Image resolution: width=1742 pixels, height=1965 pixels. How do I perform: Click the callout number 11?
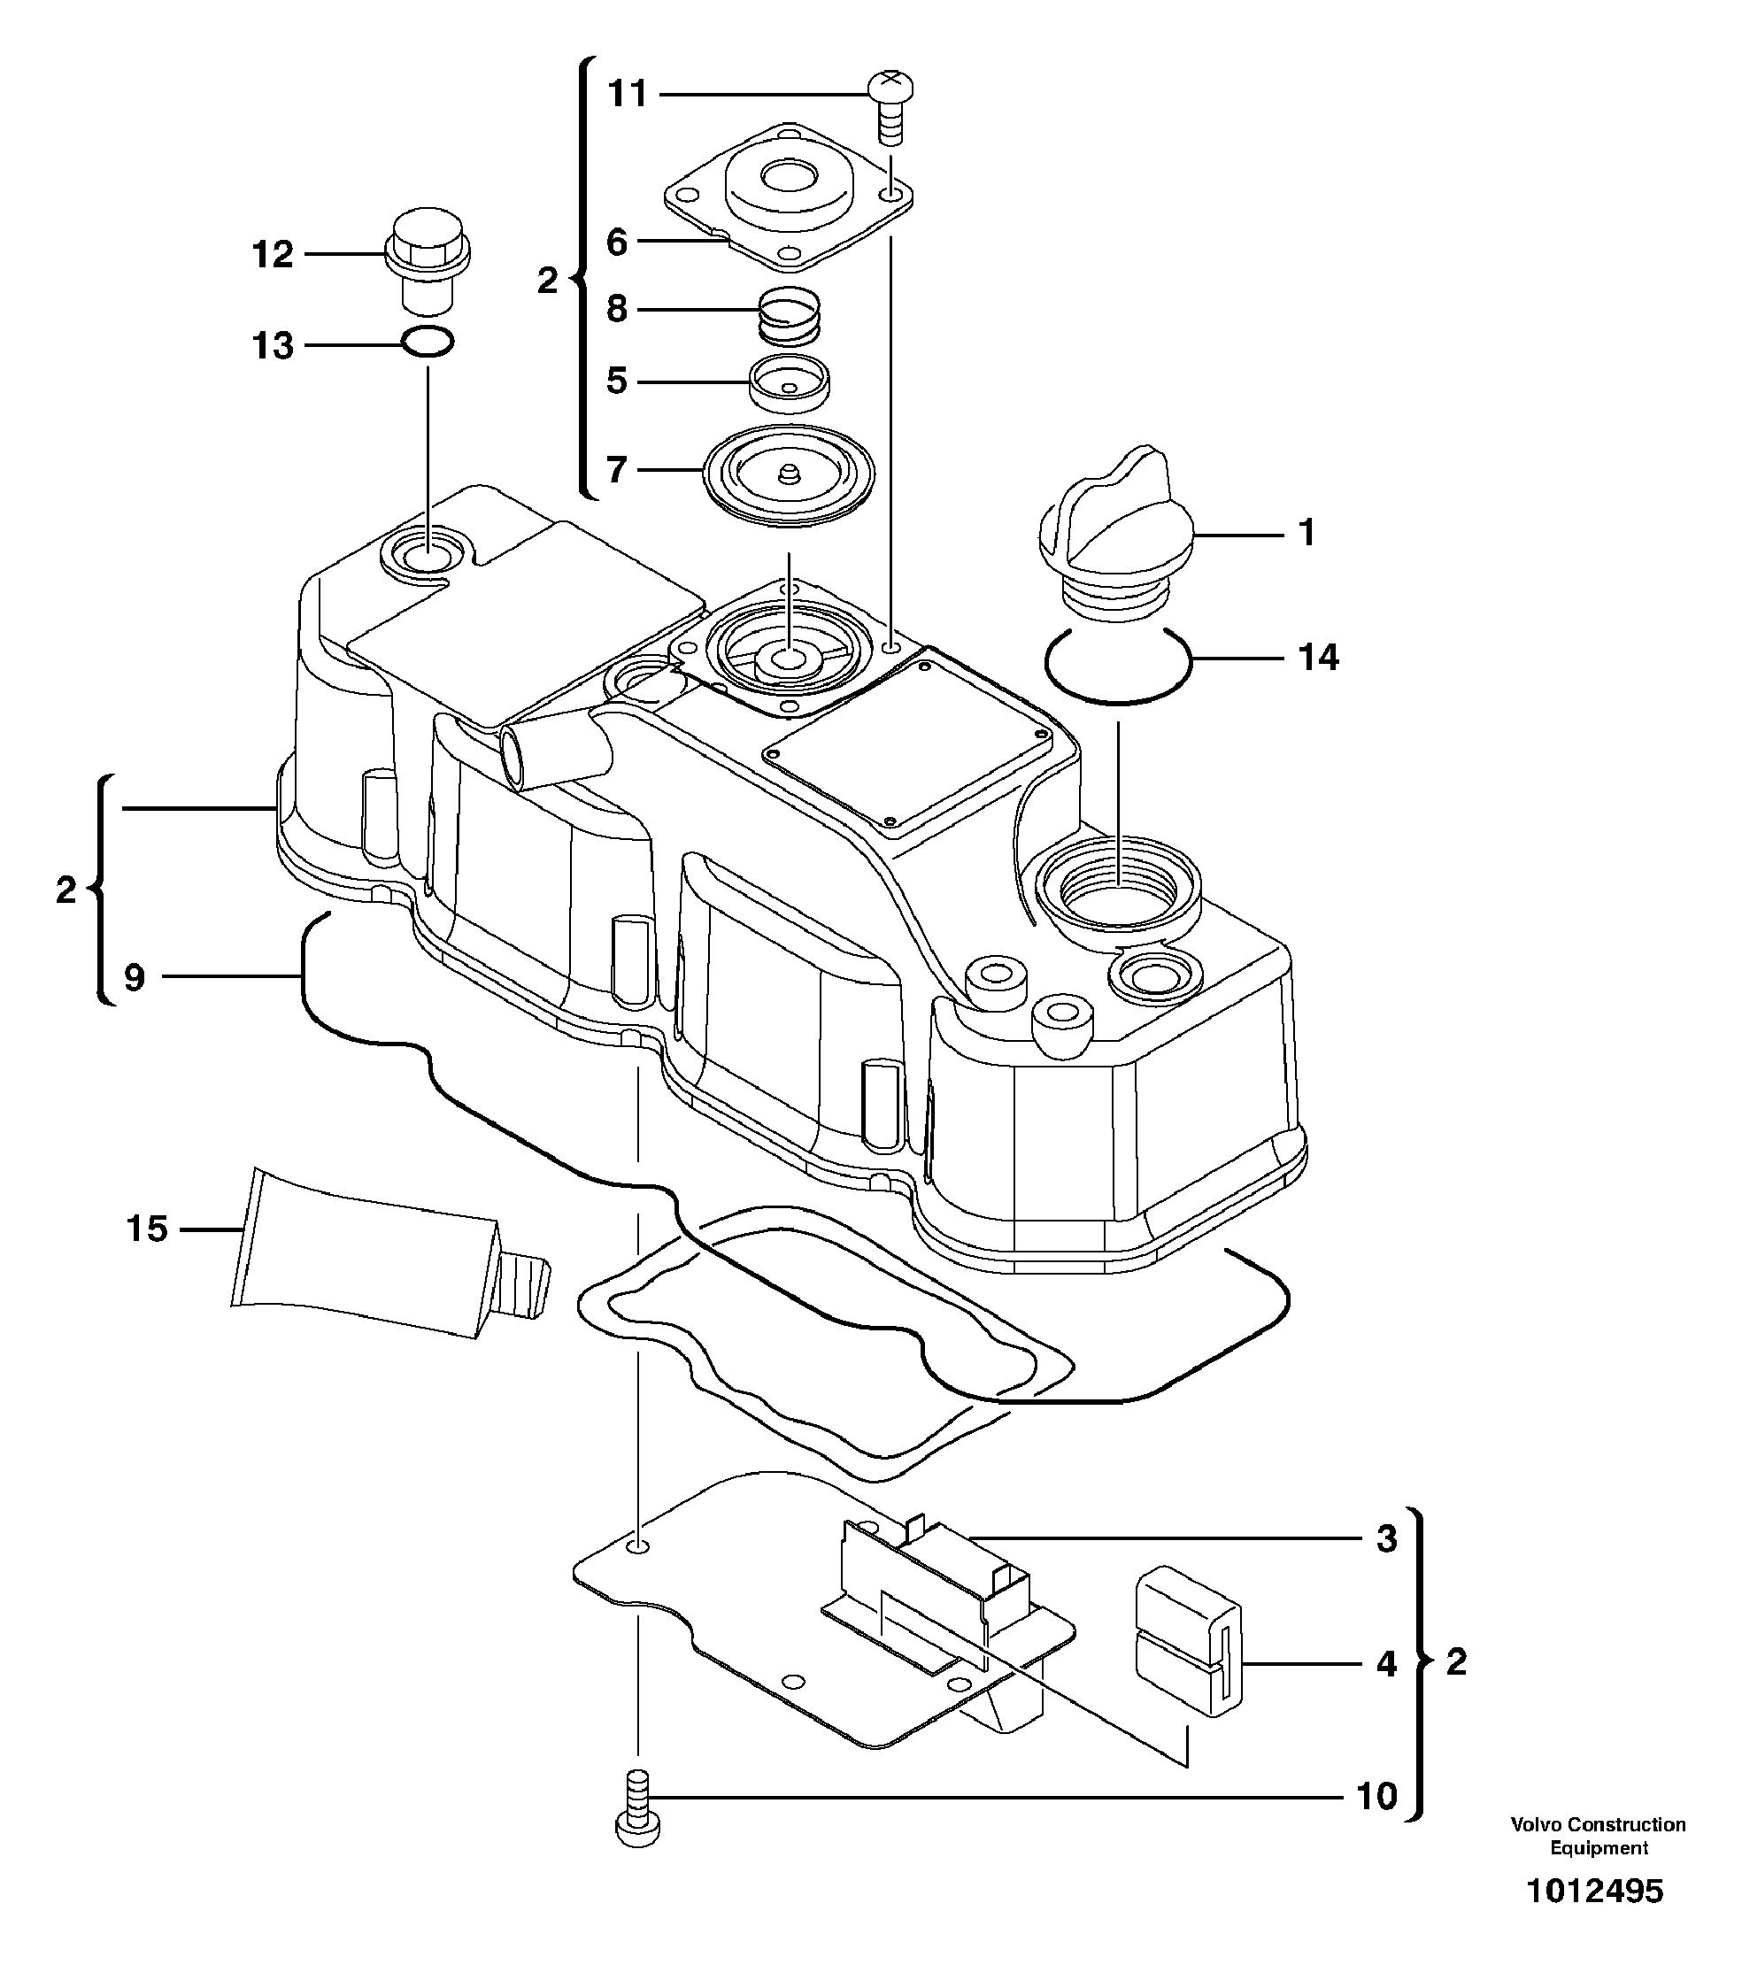point(628,96)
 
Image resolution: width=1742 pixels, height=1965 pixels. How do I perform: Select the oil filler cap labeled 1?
point(1116,524)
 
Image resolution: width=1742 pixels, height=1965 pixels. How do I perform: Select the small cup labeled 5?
point(790,382)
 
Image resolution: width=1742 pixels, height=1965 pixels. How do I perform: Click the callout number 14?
point(1318,659)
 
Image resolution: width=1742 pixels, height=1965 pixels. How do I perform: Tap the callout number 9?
point(135,978)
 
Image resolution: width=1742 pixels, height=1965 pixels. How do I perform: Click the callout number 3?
point(1385,1539)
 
